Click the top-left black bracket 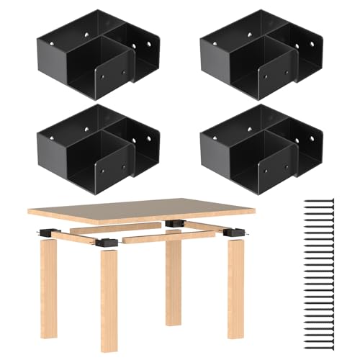point(97,54)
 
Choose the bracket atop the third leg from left point(174,224)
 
